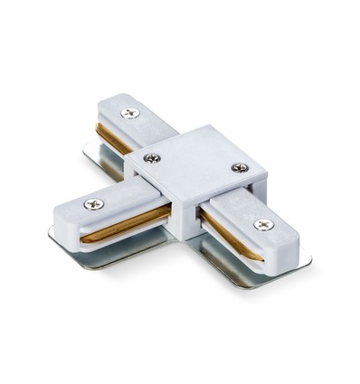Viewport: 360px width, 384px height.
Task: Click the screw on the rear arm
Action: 131,113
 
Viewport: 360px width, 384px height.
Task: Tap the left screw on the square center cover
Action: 153,159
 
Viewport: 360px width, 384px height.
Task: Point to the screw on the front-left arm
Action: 93,204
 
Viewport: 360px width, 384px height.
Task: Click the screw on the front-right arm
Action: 262,223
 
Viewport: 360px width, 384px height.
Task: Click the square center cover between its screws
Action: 194,163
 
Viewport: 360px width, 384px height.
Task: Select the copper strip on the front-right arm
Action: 226,237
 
